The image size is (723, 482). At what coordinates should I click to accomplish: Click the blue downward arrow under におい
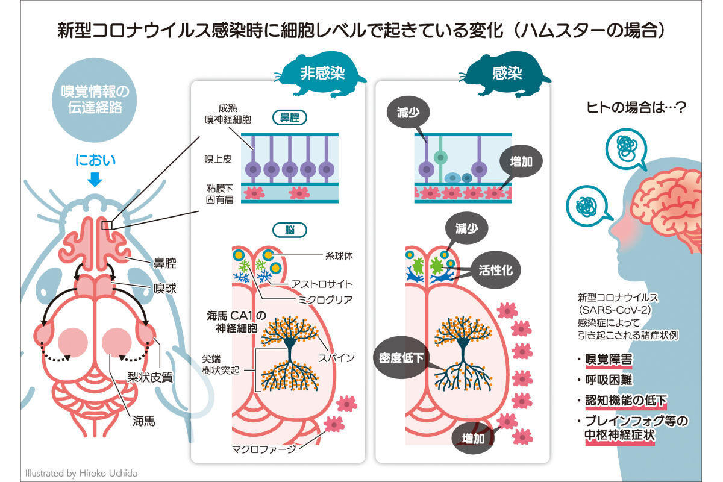click(95, 179)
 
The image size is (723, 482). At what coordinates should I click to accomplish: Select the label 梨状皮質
click(151, 378)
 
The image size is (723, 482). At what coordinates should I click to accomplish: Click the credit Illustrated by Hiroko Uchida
click(81, 473)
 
